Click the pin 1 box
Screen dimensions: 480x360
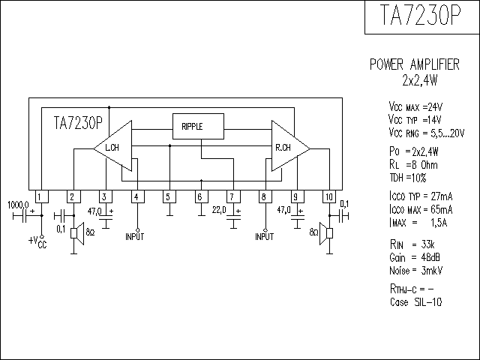pos(42,196)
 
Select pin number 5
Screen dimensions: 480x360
pos(168,196)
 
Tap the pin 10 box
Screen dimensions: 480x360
pos(329,196)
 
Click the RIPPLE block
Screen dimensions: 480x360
pos(198,127)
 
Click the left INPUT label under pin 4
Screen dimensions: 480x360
pos(134,237)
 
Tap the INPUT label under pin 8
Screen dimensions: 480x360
pos(265,237)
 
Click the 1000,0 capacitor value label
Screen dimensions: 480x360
pos(18,205)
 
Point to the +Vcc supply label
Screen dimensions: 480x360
pos(37,242)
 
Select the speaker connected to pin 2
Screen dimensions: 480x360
pos(77,233)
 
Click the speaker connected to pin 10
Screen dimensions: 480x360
pos(326,233)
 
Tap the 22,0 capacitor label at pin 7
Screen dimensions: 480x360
pos(219,210)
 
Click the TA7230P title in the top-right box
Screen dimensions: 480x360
pos(420,15)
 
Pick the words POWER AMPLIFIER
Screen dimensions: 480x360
pos(415,64)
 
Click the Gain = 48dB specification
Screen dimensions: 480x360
pos(415,257)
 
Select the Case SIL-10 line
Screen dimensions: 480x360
pos(416,302)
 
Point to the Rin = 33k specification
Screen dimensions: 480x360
pos(412,244)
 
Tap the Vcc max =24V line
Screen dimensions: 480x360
pos(415,107)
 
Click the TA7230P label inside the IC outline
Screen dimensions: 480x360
pos(78,123)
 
